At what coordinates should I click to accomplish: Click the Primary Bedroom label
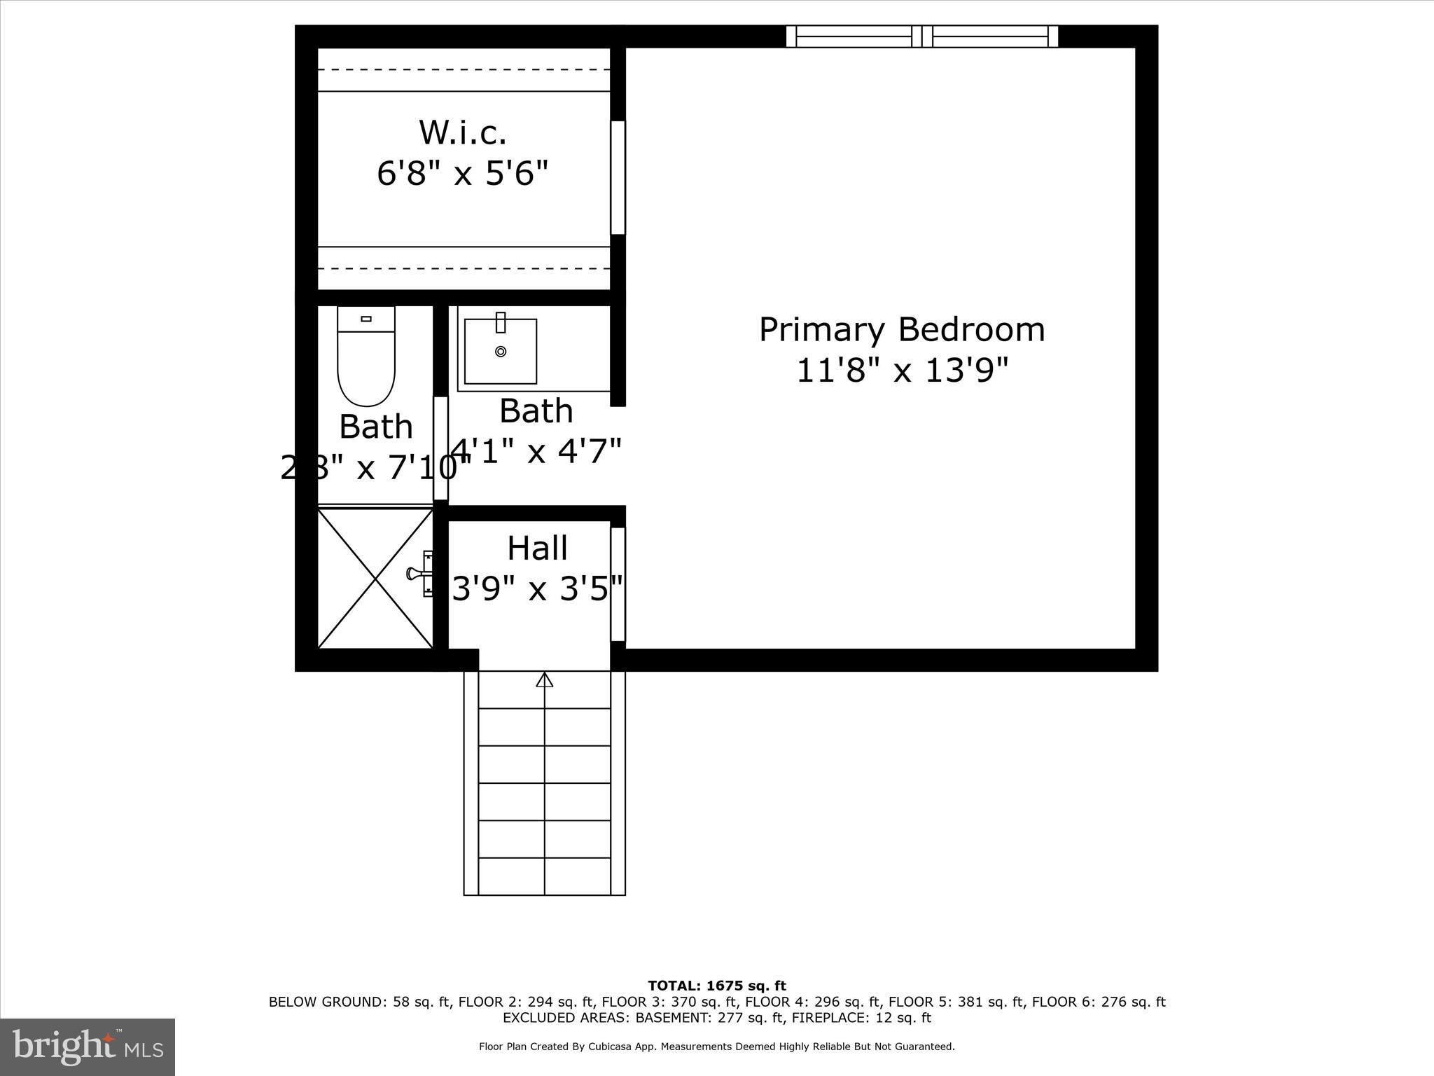coord(901,330)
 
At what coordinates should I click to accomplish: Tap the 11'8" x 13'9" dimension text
coord(902,371)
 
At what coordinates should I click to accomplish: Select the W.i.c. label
coord(462,132)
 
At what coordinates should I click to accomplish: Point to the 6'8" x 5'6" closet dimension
coord(462,172)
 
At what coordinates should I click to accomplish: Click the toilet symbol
coord(366,364)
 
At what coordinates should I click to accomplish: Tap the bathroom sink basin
coord(500,352)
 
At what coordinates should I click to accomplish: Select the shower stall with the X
coord(375,579)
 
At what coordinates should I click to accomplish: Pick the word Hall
coord(537,549)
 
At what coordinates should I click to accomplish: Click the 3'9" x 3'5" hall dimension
coord(537,588)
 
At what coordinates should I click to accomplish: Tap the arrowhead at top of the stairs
coord(544,679)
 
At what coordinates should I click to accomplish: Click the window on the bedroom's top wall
coord(921,36)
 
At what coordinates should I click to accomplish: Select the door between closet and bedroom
coord(618,177)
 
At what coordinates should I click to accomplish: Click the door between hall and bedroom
coord(618,584)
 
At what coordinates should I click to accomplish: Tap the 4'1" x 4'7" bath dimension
coord(536,450)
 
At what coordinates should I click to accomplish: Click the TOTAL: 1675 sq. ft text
coord(717,986)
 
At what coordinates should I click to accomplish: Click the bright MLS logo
coord(88,1047)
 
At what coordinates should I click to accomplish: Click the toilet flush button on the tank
coord(366,319)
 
